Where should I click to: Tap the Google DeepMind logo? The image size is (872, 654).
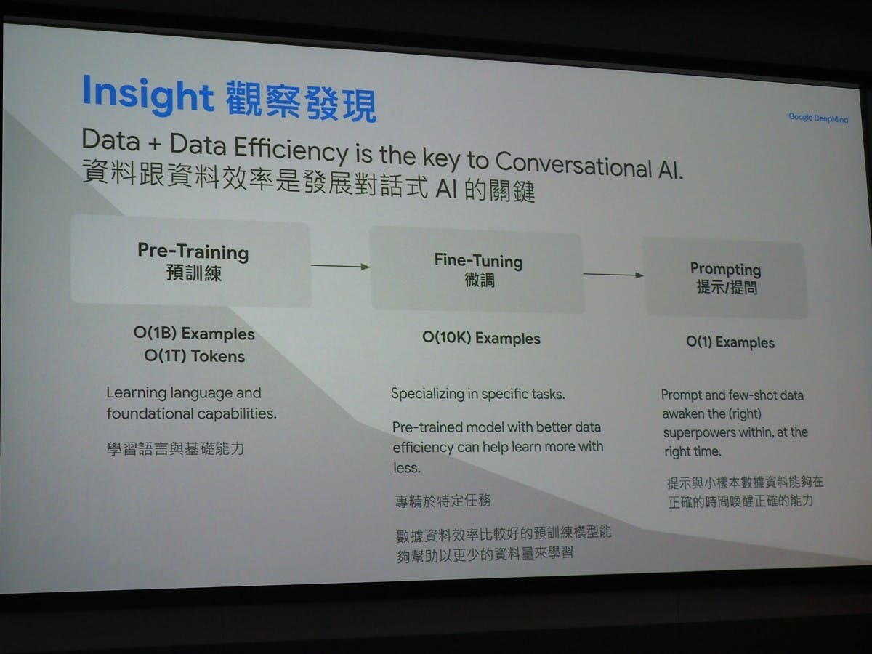coord(818,118)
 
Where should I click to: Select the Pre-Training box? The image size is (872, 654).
coord(191,260)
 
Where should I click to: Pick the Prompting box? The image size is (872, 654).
coord(725,278)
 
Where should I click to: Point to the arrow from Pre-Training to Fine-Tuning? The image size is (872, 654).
coord(341,267)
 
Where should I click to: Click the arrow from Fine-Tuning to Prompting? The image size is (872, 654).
coord(613,275)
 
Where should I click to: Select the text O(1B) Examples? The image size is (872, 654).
coord(194,334)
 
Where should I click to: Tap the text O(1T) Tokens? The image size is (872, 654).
coord(194,356)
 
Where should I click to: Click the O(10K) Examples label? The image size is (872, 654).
coord(481,339)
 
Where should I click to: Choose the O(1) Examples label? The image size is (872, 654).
coord(730,342)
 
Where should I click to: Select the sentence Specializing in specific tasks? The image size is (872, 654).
coord(477,394)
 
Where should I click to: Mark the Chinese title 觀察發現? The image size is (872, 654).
coord(301,101)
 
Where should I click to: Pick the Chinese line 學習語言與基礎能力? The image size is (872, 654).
coord(175,448)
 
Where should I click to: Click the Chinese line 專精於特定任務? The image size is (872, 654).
coord(443,501)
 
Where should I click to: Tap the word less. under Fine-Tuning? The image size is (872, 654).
coord(407,468)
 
